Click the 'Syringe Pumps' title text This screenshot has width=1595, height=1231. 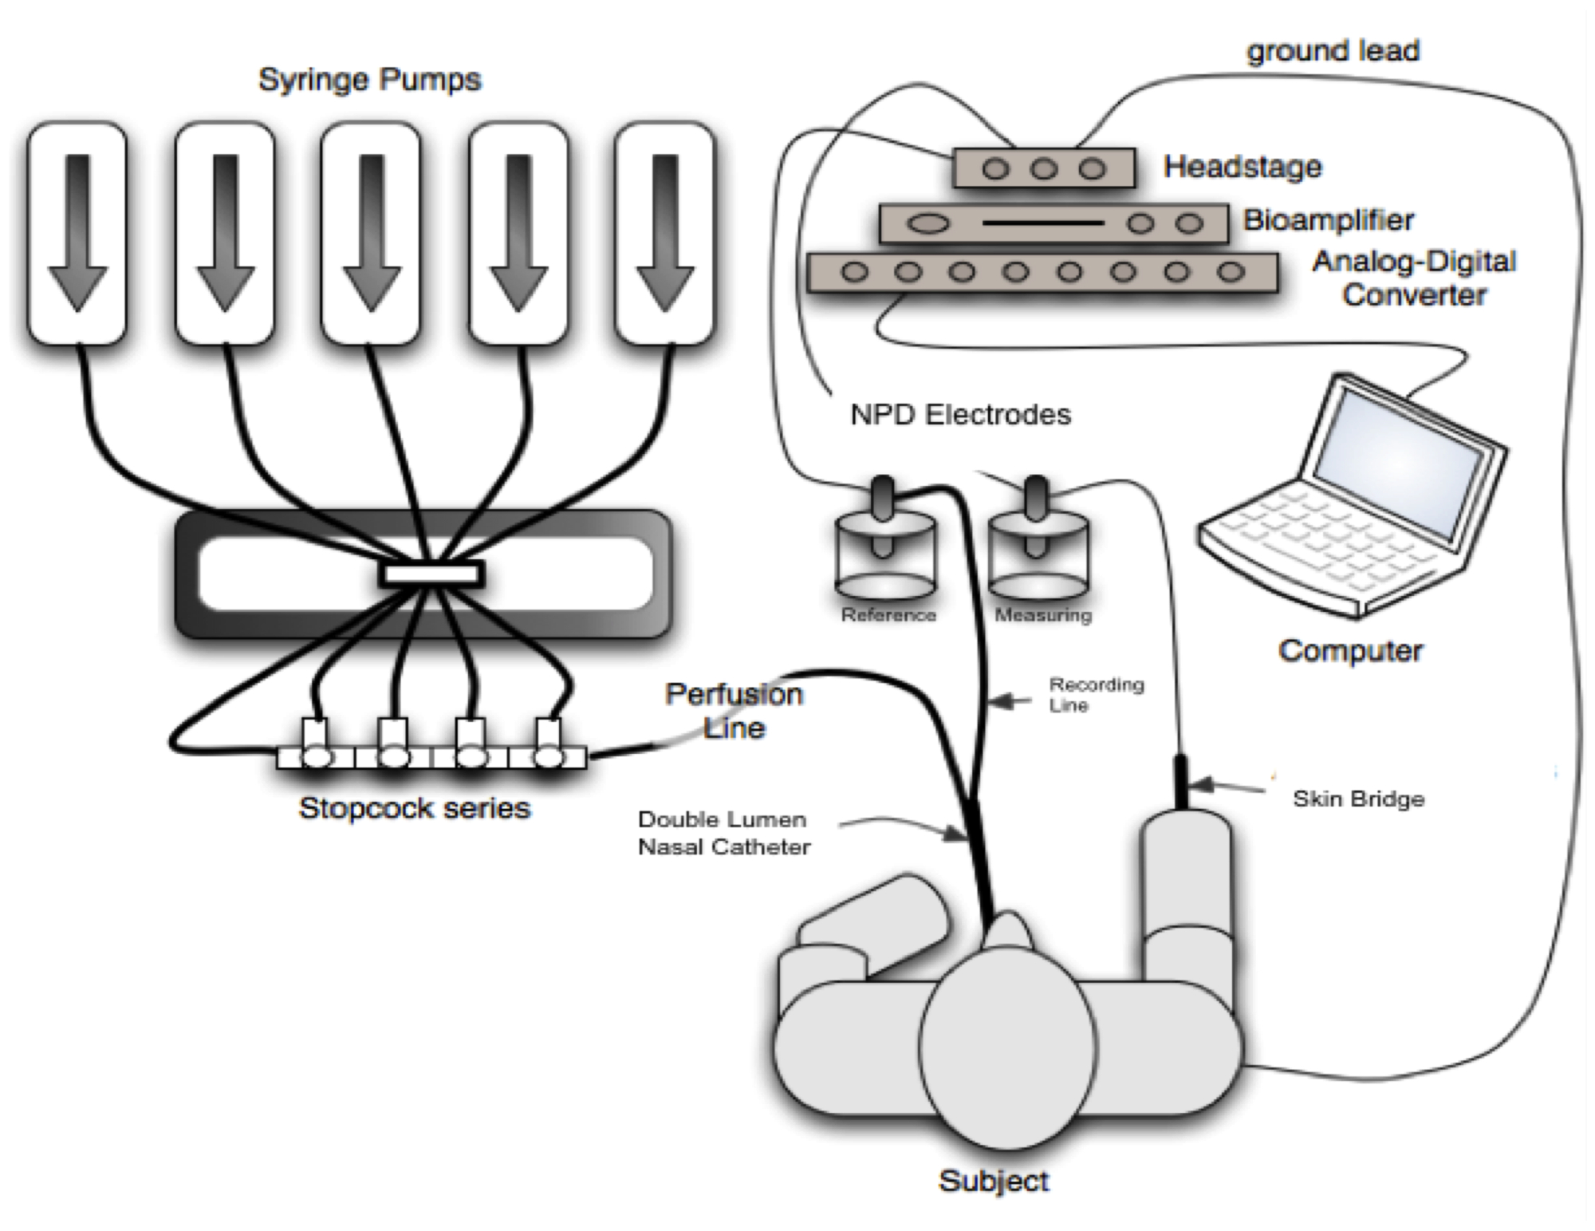click(369, 80)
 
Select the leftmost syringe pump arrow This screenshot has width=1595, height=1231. click(77, 231)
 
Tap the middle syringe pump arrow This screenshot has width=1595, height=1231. click(371, 231)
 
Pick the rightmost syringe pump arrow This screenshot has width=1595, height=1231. click(665, 231)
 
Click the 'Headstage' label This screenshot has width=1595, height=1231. click(1242, 167)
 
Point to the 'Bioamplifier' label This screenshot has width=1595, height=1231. click(1328, 219)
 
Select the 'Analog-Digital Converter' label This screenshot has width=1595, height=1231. click(1413, 278)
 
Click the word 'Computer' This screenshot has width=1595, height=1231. click(1350, 650)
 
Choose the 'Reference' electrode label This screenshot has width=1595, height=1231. click(888, 615)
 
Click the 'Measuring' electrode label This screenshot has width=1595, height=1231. click(1043, 615)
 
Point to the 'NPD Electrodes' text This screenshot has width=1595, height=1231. click(960, 415)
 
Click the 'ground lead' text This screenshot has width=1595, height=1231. click(1333, 51)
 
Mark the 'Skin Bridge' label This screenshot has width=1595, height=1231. click(1358, 799)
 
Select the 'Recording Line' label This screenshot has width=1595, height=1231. click(1096, 694)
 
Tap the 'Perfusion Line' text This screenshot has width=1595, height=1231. click(734, 710)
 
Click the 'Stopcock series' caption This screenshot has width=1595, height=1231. click(414, 808)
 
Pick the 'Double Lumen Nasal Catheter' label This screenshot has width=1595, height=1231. click(723, 833)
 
